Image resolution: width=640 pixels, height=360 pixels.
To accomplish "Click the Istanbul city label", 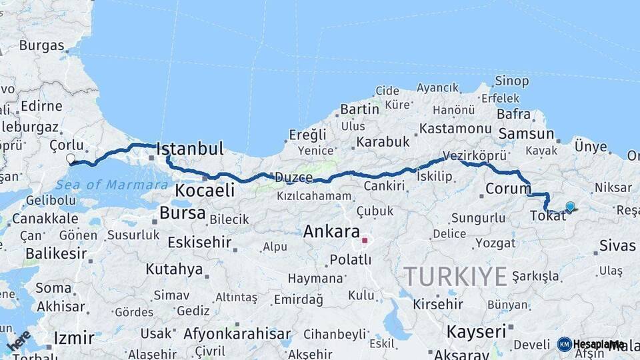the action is [190, 149].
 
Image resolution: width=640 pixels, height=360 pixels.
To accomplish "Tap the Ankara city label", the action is [331, 232].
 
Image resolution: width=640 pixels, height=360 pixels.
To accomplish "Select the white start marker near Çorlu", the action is [71, 159].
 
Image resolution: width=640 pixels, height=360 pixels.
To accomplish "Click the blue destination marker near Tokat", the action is [570, 207].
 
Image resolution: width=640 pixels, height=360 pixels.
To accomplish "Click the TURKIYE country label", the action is [455, 276].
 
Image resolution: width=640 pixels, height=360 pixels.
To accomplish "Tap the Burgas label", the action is [41, 46].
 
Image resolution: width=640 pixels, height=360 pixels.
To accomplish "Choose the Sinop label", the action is [511, 81].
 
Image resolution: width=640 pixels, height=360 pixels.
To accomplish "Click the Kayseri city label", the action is [476, 331].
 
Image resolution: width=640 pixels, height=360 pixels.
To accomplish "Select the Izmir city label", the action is [74, 337].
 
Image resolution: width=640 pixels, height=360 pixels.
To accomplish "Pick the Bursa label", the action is [183, 213].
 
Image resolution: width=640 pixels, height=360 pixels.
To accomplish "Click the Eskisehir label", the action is [199, 242].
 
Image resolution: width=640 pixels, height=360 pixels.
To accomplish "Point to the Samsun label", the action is [526, 133].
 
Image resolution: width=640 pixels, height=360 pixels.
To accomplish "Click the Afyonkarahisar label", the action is [237, 334].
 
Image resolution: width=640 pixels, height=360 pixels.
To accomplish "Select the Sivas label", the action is [617, 245].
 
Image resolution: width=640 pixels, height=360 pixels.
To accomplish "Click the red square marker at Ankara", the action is [365, 240].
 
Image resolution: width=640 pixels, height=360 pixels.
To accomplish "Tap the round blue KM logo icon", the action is [565, 344].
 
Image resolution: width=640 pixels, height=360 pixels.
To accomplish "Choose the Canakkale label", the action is [45, 218].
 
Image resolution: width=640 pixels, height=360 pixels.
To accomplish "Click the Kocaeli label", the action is [205, 191].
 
